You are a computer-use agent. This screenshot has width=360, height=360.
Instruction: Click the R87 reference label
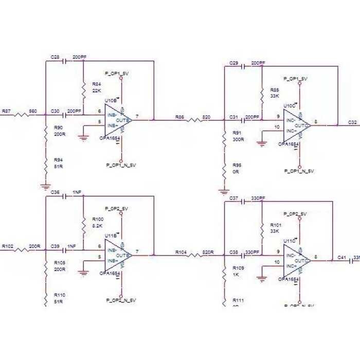[7, 111]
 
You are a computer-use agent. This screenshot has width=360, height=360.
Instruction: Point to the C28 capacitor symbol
[64, 61]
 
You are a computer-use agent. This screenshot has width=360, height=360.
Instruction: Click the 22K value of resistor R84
[96, 90]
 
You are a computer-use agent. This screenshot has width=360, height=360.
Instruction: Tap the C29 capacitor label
[233, 63]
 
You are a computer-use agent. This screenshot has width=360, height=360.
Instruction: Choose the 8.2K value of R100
[97, 225]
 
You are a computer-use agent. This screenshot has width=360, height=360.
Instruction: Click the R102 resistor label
[8, 246]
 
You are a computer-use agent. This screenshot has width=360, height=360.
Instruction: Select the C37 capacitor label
[233, 198]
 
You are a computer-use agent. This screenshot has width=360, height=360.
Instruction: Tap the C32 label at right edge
[352, 122]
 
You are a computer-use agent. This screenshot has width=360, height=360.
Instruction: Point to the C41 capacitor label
[341, 257]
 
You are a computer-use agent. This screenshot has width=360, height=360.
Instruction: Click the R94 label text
[58, 160]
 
